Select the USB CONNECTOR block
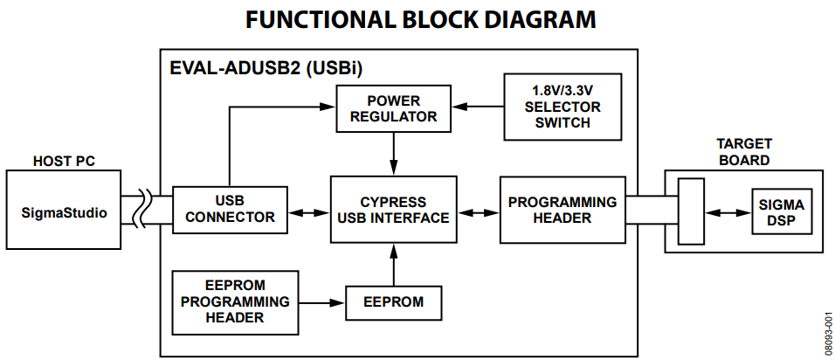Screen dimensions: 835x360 [230, 210]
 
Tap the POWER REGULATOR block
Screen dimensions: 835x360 [394, 108]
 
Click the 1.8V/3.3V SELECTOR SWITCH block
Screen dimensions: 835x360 [562, 107]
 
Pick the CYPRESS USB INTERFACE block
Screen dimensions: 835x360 [394, 210]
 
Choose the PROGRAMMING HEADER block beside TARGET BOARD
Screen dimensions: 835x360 [562, 210]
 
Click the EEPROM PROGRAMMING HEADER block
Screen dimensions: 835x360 [235, 302]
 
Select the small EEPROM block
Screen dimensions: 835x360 [394, 303]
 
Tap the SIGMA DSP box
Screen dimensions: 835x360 [782, 211]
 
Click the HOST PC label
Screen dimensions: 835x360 [64, 161]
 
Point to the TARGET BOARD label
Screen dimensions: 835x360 [744, 152]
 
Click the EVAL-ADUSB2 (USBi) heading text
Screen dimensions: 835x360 [266, 69]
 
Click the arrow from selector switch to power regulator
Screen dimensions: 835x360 [478, 107]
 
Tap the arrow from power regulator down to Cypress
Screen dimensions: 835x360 [394, 154]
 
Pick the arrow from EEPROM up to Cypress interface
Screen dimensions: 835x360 [394, 265]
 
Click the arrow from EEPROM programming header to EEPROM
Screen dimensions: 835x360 [322, 302]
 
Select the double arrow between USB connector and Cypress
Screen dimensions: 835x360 [309, 212]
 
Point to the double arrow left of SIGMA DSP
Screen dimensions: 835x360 [728, 212]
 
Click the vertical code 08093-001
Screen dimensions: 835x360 [829, 334]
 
